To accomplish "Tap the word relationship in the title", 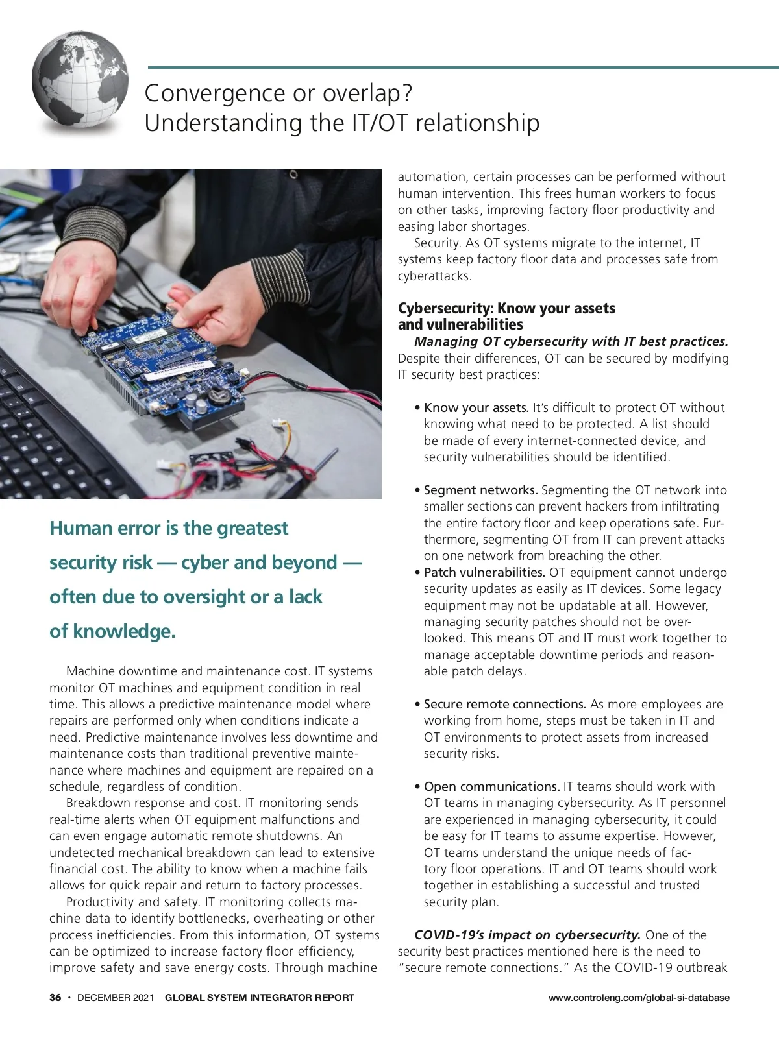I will pyautogui.click(x=477, y=123).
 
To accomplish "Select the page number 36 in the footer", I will pyautogui.click(x=55, y=998).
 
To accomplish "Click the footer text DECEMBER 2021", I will pyautogui.click(x=116, y=998).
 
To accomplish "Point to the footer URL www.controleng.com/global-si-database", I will pyautogui.click(x=639, y=998).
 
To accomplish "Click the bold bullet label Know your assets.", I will pyautogui.click(x=476, y=408).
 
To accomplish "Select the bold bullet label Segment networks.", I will pyautogui.click(x=480, y=490).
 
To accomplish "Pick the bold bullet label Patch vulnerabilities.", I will pyautogui.click(x=484, y=573).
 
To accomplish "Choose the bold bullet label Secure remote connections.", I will pyautogui.click(x=504, y=705).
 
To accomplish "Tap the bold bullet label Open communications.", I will pyautogui.click(x=491, y=787).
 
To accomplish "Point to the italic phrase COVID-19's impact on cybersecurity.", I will pyautogui.click(x=527, y=935).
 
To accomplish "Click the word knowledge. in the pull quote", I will pyautogui.click(x=124, y=631).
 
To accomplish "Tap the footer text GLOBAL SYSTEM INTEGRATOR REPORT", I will pyautogui.click(x=260, y=998).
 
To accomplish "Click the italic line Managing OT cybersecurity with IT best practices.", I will pyautogui.click(x=571, y=342).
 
